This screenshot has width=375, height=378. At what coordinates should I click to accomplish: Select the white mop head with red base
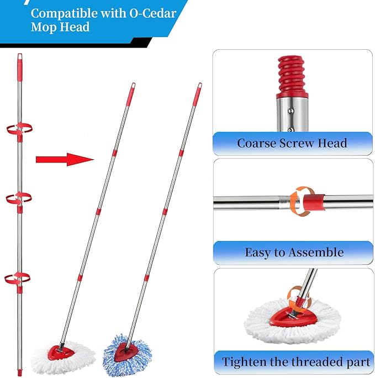[64, 353]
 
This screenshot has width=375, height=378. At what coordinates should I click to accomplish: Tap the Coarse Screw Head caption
[292, 143]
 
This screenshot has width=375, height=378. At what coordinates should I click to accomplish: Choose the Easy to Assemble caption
[294, 253]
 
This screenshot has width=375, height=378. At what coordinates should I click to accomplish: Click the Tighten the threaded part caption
[296, 363]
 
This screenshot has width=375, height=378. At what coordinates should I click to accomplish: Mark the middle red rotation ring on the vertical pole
[19, 198]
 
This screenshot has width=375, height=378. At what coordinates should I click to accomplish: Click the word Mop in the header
[44, 27]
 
